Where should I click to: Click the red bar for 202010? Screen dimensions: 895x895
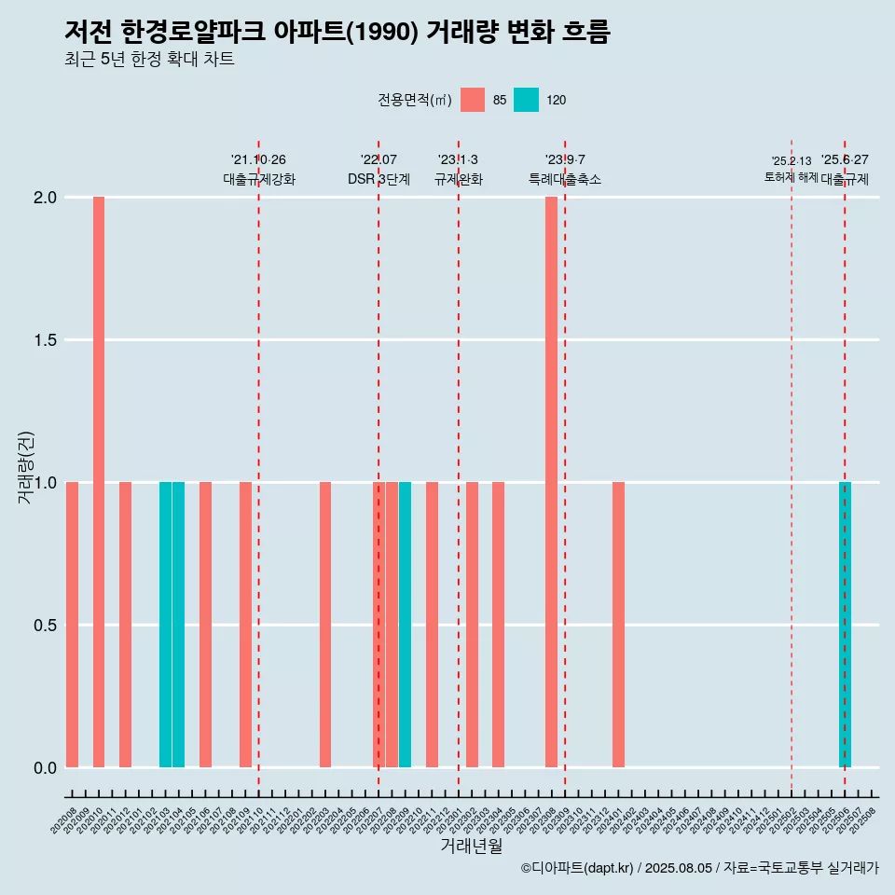(99, 482)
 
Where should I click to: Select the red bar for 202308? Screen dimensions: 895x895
(551, 482)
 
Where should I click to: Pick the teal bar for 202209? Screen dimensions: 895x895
(405, 625)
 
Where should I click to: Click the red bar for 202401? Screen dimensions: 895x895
(618, 625)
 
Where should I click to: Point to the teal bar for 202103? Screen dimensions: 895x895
(165, 625)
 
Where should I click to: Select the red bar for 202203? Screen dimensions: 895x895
(325, 625)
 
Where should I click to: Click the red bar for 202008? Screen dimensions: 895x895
(72, 625)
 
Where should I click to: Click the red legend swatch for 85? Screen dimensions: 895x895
(473, 100)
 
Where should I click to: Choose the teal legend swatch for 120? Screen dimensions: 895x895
(527, 100)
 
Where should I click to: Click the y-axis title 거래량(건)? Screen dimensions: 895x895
(26, 466)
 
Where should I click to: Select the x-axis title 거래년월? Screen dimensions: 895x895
(471, 846)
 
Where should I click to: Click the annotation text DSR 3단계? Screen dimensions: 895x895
(379, 179)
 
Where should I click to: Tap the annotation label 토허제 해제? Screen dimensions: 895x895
(791, 177)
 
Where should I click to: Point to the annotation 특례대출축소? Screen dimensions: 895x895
(565, 179)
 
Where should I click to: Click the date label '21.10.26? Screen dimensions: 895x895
(258, 159)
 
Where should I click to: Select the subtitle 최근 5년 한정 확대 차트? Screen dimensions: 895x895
(149, 60)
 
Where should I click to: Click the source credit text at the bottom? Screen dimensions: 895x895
(699, 868)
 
